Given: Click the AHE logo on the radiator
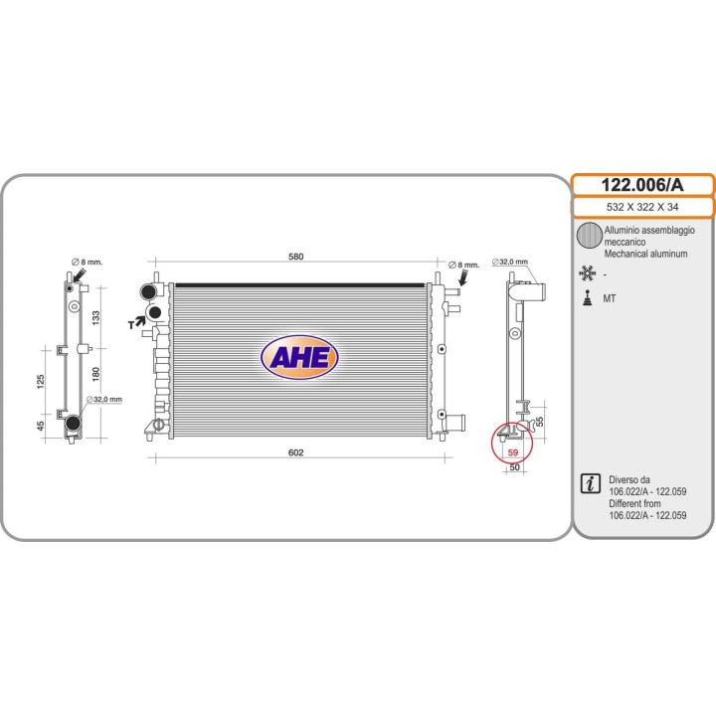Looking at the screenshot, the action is [299, 357].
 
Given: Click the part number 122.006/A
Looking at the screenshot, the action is [642, 185].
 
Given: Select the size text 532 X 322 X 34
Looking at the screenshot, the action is [642, 207].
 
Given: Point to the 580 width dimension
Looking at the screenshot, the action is [296, 257].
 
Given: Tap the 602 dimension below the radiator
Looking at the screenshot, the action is [296, 452].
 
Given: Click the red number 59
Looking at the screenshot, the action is [513, 452].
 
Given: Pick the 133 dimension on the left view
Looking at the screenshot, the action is [95, 318].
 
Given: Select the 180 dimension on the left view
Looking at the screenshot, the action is [95, 374].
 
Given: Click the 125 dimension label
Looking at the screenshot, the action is [41, 382].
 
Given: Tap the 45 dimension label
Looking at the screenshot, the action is [41, 426].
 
